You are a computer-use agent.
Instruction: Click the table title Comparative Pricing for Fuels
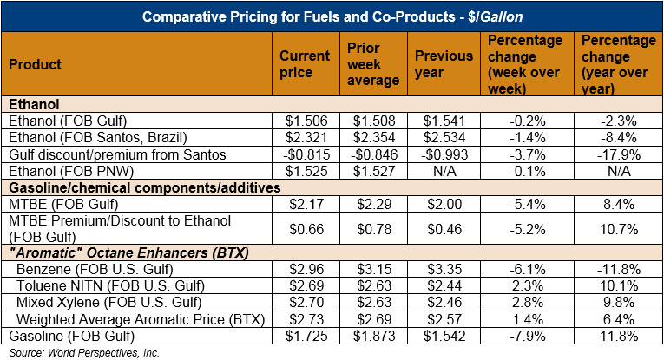point(332,16)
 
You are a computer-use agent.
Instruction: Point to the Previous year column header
point(444,64)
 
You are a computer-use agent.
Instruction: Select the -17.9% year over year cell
point(613,154)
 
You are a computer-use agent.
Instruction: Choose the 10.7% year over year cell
point(613,227)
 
